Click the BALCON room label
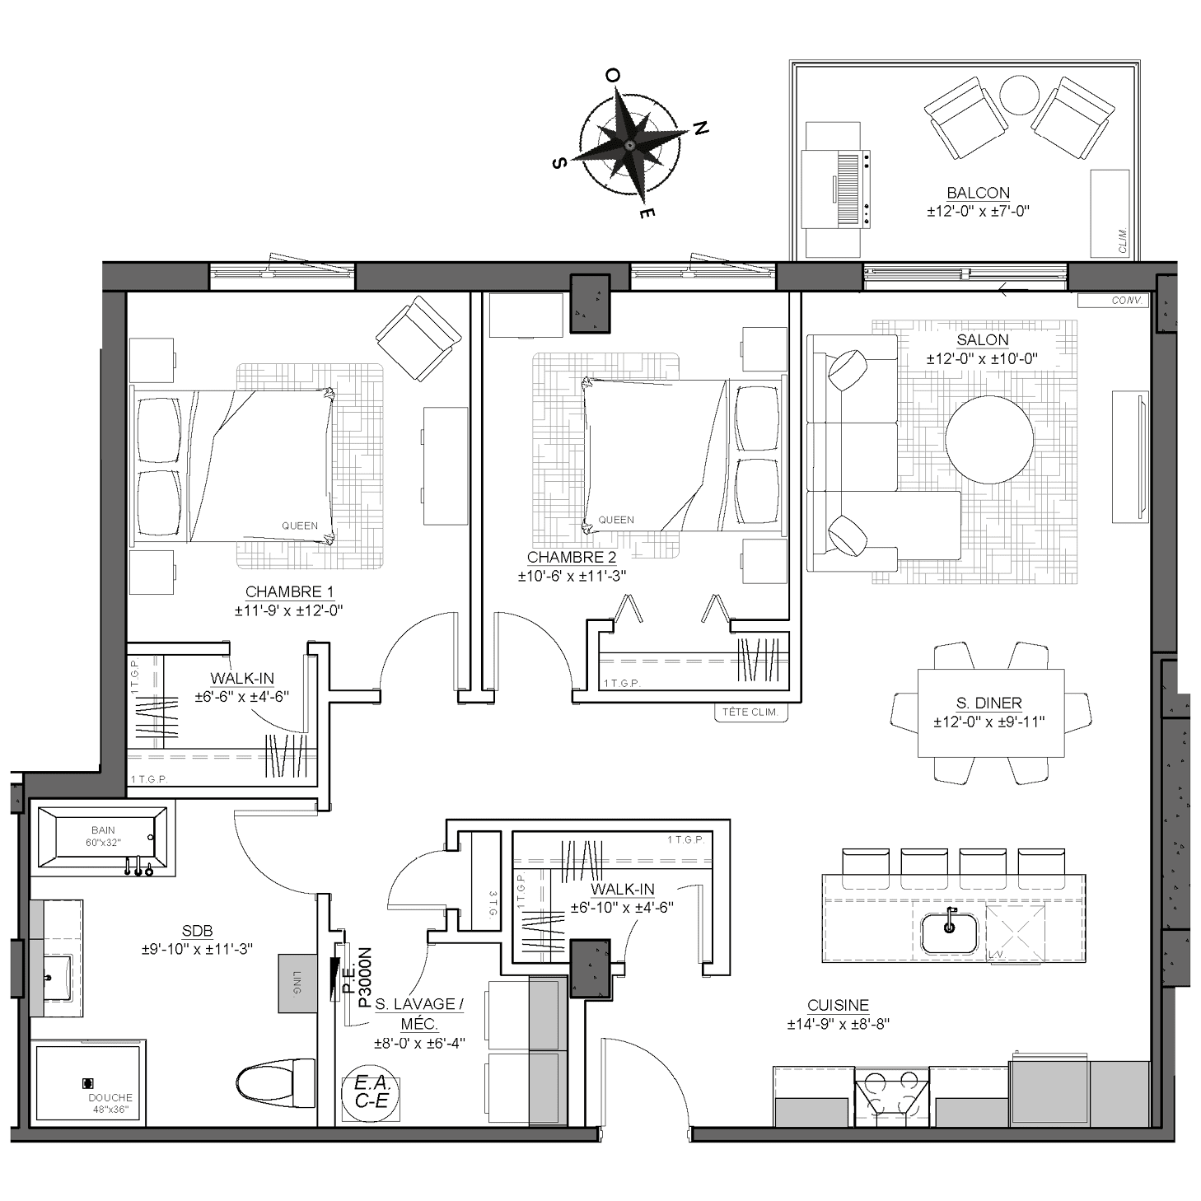point(978,193)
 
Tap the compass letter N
point(700,129)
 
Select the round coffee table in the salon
point(989,439)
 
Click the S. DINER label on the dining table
point(989,703)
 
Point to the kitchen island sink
point(949,933)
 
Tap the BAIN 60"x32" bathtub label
point(103,836)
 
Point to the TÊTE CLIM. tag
point(750,713)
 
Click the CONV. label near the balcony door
point(1127,301)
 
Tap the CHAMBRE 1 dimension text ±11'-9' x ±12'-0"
point(288,610)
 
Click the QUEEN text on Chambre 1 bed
point(300,526)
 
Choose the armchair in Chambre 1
point(418,339)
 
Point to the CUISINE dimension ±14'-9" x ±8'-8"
point(838,1024)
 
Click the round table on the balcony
point(1019,95)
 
